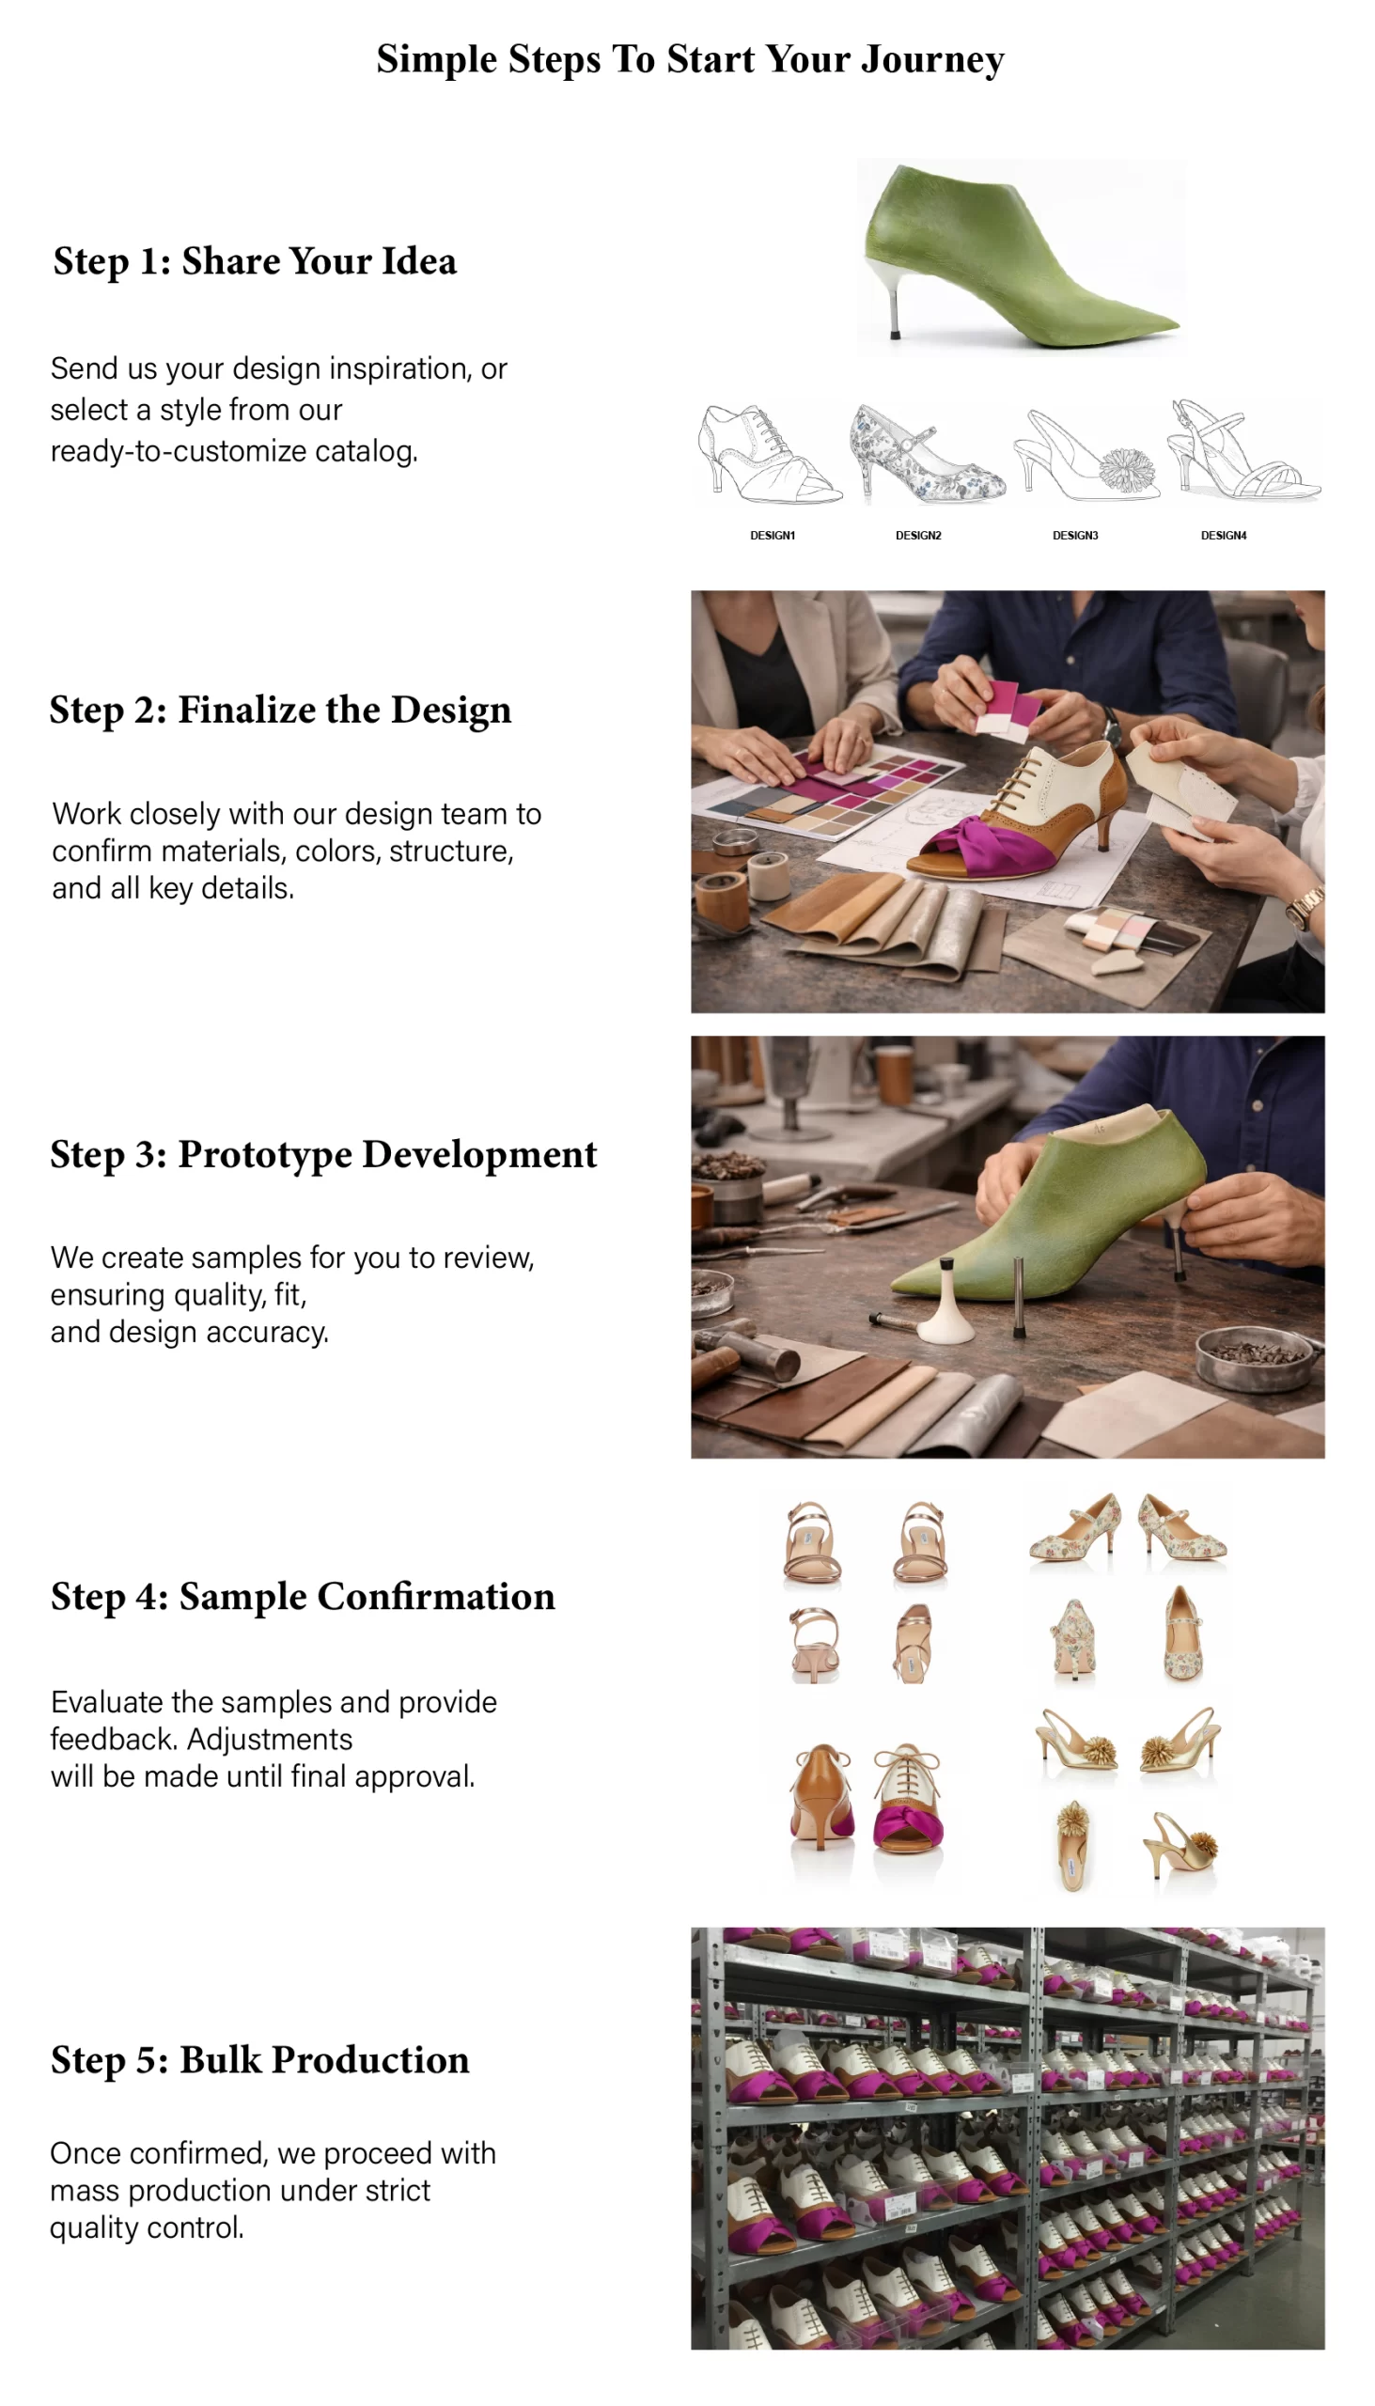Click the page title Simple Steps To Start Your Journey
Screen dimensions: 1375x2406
tap(690, 59)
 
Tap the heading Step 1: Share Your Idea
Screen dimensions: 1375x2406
tap(255, 260)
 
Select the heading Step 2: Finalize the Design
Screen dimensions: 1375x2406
tap(280, 710)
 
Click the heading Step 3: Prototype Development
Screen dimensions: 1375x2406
tap(324, 1154)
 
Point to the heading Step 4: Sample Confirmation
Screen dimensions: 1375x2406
tap(304, 1596)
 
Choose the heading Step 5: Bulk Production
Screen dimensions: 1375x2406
tap(259, 2059)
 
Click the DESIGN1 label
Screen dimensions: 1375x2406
tap(773, 536)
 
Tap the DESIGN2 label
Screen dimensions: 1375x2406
tap(918, 536)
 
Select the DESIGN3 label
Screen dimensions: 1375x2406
tap(1074, 536)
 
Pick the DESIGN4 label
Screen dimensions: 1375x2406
tap(1223, 536)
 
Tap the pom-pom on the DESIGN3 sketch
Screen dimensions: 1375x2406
tap(1128, 469)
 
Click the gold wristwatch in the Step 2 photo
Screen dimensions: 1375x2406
tap(1305, 909)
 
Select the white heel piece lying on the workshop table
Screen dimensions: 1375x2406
tap(945, 1306)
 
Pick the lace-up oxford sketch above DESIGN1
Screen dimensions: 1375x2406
tap(767, 455)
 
